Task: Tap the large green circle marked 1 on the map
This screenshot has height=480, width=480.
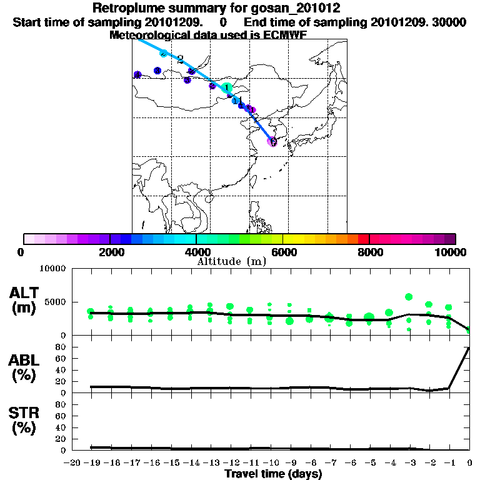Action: coord(227,87)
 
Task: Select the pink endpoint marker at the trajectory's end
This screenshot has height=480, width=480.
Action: coord(272,142)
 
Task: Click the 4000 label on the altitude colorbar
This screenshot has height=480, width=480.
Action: coord(196,252)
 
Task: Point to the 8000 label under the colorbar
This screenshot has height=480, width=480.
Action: coord(369,252)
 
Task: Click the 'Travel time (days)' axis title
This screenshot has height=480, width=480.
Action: coord(273,474)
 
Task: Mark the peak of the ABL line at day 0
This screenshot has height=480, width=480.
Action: coord(469,347)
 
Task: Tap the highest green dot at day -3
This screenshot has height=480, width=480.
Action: coord(409,297)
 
